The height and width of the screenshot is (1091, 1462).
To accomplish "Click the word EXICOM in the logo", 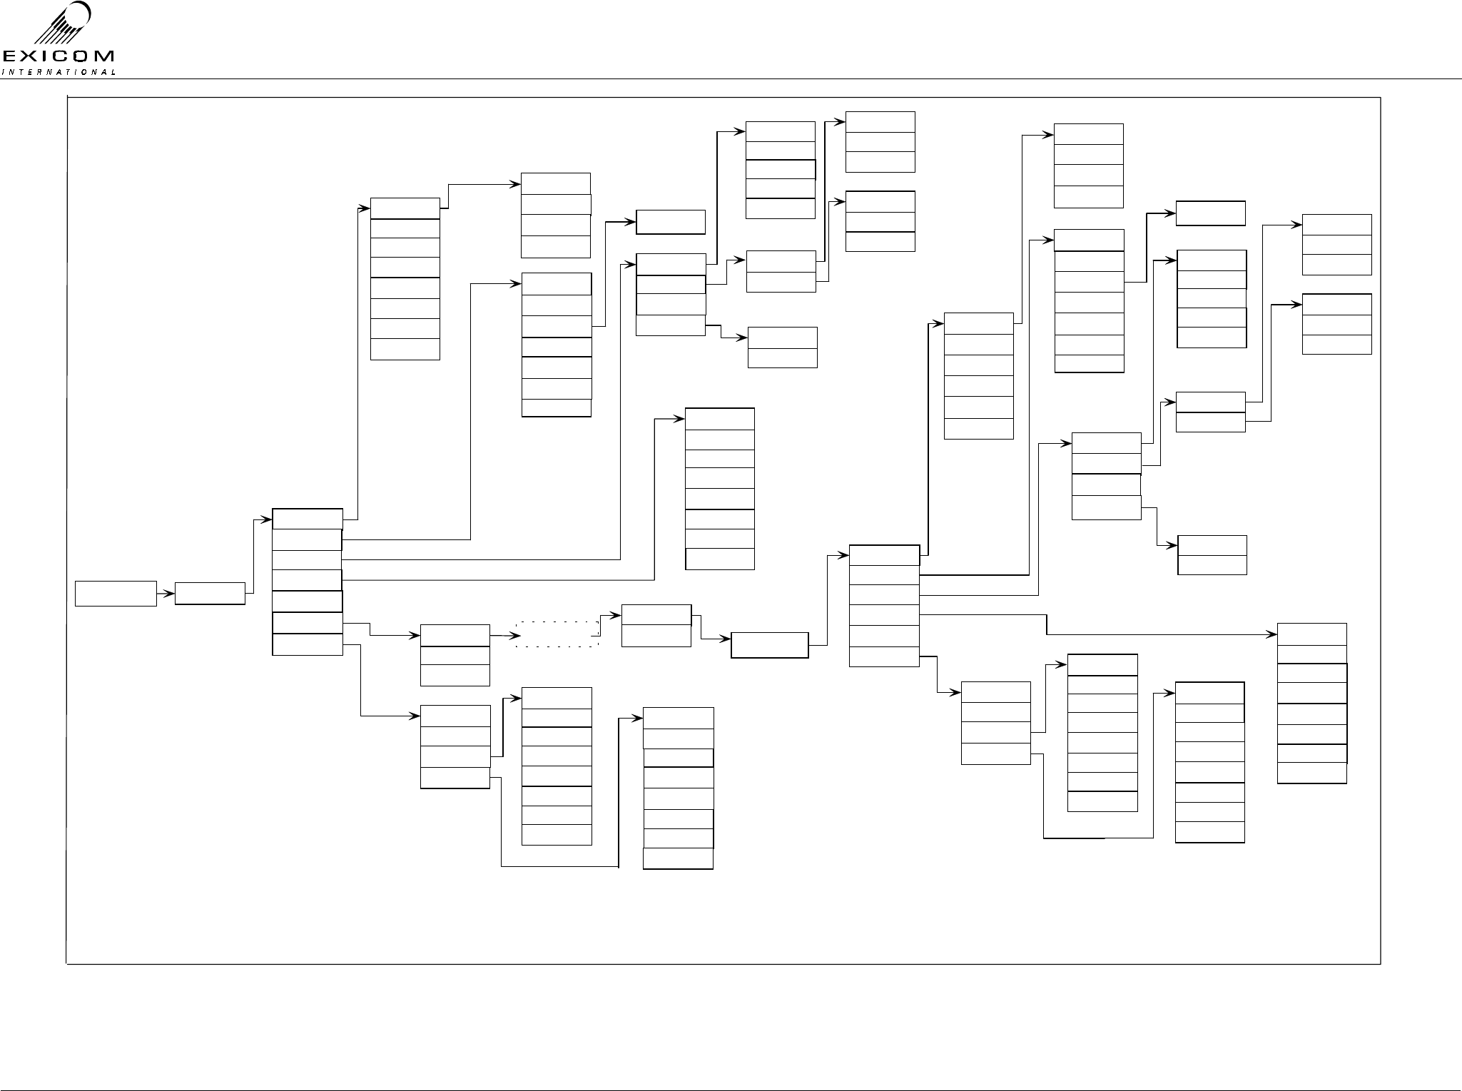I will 58,56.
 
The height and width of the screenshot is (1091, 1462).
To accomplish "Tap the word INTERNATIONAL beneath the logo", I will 59,72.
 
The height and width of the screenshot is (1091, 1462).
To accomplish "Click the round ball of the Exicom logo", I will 78,15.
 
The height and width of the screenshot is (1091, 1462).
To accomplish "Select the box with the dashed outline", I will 557,634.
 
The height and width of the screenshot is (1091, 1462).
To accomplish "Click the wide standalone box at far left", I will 116,594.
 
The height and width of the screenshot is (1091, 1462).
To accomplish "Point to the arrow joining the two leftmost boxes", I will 166,594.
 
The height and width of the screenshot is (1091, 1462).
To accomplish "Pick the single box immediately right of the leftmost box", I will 210,594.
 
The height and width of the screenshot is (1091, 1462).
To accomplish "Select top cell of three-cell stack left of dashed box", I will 455,635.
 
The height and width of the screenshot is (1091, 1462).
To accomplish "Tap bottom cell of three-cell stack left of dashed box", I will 455,675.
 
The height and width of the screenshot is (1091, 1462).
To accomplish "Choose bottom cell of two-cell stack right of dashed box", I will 656,636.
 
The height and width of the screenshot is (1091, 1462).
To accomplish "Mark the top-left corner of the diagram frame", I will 67,98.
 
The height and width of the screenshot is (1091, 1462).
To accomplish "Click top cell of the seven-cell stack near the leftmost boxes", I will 308,519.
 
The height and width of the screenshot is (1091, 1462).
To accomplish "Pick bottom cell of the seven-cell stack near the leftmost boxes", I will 308,644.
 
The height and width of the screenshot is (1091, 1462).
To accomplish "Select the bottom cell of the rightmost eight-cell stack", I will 1312,773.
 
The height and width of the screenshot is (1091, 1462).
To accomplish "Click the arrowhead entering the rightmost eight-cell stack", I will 1273,634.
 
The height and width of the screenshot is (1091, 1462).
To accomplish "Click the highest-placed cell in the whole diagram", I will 880,121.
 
